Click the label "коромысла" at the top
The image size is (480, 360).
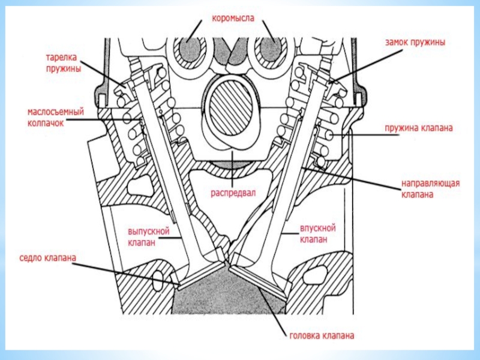[x=233, y=19]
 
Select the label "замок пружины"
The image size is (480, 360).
[x=415, y=42]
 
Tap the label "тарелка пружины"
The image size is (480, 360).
[x=64, y=63]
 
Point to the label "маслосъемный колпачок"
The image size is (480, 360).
[x=55, y=117]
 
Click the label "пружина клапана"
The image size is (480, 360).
[x=418, y=128]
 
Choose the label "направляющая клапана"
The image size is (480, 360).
[x=430, y=188]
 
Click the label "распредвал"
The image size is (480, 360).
[x=233, y=193]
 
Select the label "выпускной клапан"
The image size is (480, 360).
[x=148, y=236]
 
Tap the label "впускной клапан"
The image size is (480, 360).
[x=317, y=233]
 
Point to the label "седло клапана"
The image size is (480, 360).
[x=48, y=258]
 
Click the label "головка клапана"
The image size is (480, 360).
[x=322, y=335]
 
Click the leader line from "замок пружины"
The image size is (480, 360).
[x=368, y=66]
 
